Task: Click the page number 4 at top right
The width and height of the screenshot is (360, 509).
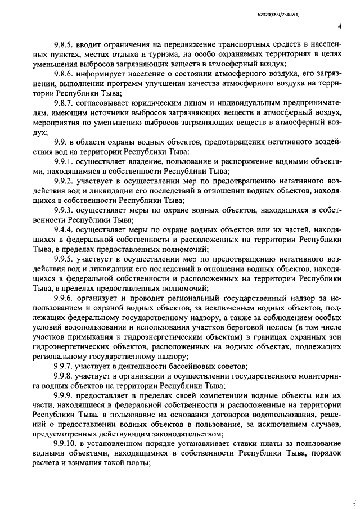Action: coord(340,26)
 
